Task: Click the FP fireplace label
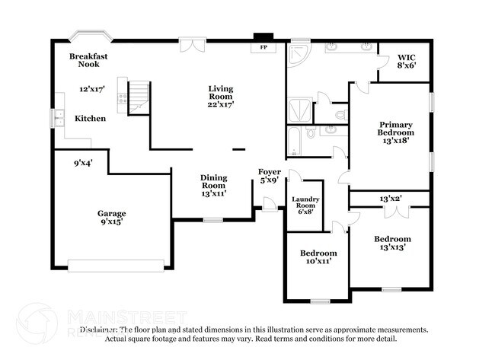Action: (264, 47)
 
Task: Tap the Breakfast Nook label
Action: (89, 60)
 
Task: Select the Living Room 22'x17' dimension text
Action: (221, 104)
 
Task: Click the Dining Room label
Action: (213, 181)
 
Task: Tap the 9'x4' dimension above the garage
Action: (84, 162)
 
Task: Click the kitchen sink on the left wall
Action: (59, 118)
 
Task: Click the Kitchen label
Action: (90, 119)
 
